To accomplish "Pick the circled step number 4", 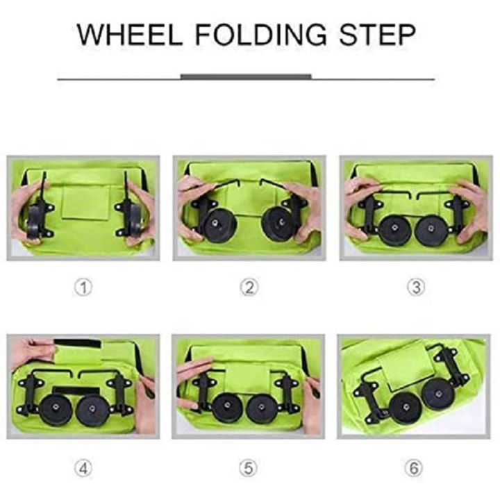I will click(83, 468).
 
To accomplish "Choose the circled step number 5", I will click(249, 468).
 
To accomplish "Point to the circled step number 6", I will click(415, 468).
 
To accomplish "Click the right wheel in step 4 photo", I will click(93, 410).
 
